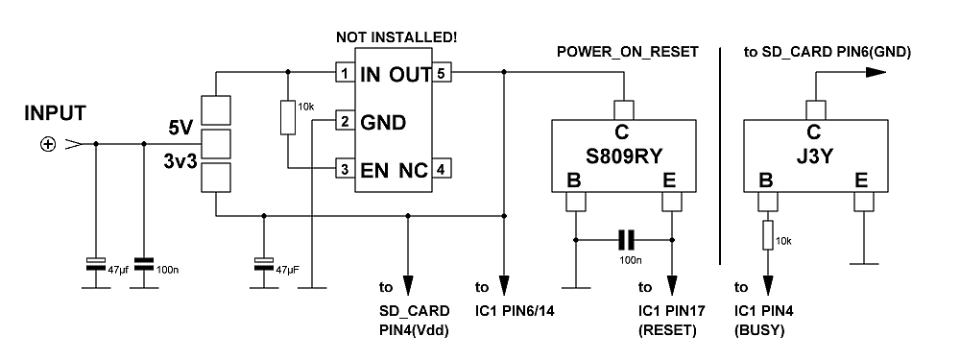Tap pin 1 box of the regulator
[x=343, y=73]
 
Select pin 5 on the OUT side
[x=441, y=73]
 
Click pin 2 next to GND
[x=343, y=122]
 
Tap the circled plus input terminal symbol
[x=47, y=145]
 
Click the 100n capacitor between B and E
[x=626, y=239]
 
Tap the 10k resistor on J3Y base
[x=766, y=233]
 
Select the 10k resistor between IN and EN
[x=285, y=118]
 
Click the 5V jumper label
[x=180, y=126]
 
